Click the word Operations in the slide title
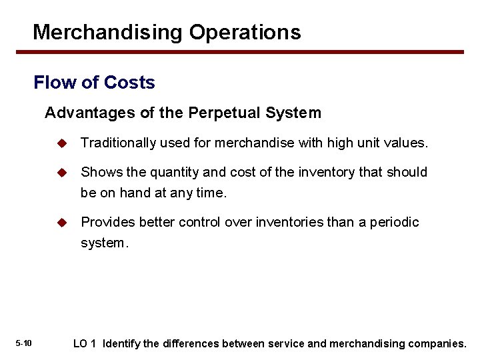(245, 32)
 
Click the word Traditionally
(117, 143)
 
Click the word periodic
(394, 222)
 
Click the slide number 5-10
(23, 343)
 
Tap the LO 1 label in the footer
(85, 344)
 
